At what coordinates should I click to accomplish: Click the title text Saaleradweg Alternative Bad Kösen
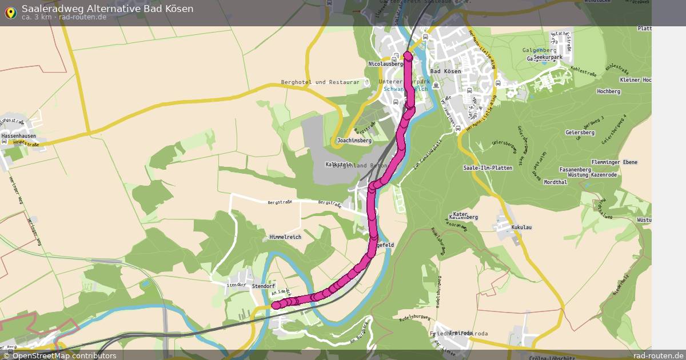[x=107, y=9]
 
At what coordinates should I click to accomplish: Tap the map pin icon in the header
[x=10, y=13]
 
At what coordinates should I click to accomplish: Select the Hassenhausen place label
[x=18, y=136]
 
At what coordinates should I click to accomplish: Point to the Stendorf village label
[x=264, y=286]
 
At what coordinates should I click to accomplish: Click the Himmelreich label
[x=285, y=237]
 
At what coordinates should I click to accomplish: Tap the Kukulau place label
[x=521, y=227]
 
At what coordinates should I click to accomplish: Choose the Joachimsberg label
[x=354, y=140]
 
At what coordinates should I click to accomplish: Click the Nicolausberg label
[x=386, y=64]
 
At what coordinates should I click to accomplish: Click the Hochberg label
[x=608, y=91]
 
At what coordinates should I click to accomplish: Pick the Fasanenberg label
[x=575, y=170]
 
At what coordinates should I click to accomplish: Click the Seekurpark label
[x=548, y=58]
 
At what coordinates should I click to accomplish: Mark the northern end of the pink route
[x=408, y=55]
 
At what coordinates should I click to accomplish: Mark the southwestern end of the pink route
[x=276, y=305]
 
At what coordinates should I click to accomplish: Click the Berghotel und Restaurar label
[x=320, y=82]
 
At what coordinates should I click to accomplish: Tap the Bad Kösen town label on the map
[x=445, y=71]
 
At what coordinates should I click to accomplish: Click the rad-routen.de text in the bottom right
[x=658, y=355]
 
